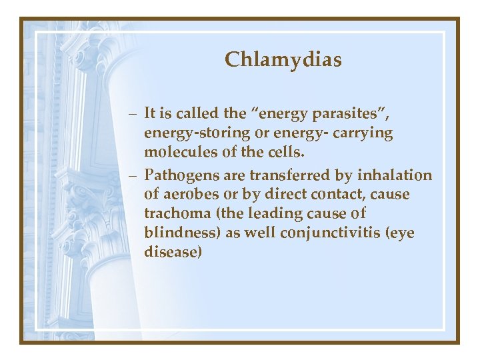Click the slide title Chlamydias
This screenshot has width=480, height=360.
click(283, 60)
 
